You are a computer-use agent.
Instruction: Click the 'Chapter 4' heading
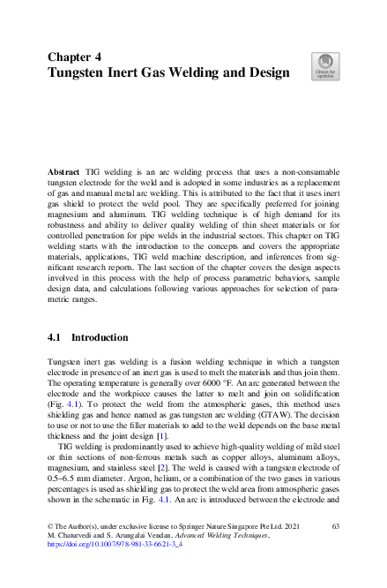click(x=74, y=55)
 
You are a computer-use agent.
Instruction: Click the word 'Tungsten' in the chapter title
click(x=82, y=72)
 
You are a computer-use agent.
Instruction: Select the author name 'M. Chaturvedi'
click(x=71, y=560)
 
